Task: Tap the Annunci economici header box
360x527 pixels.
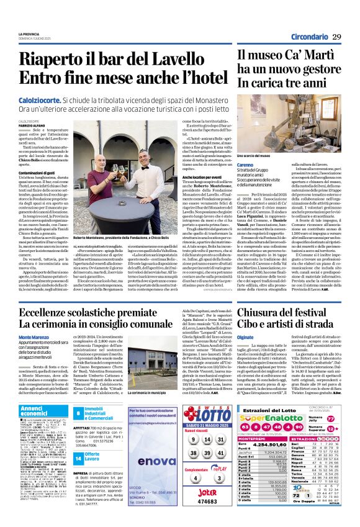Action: pos(34,410)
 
